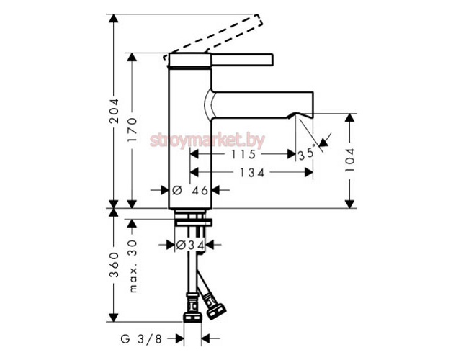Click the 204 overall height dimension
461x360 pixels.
click(114, 111)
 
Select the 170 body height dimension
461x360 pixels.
click(132, 130)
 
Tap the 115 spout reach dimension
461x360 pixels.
click(243, 154)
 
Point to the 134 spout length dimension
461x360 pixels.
click(252, 173)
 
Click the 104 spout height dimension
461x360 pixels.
click(349, 160)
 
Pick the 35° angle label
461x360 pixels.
click(307, 153)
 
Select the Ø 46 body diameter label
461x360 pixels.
click(190, 190)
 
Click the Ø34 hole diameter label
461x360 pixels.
click(190, 245)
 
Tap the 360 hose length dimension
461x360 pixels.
click(114, 265)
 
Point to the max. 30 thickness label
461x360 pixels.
click(133, 266)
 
